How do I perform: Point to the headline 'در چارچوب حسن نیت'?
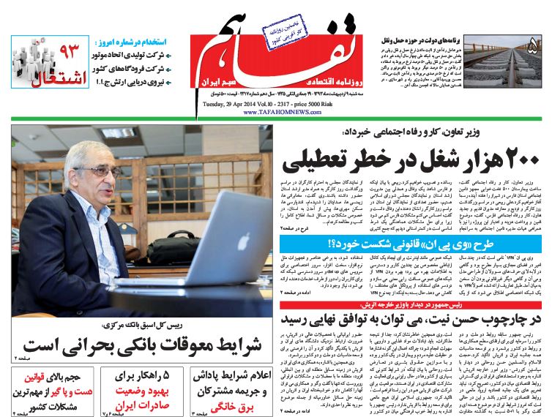pyautogui.click(x=414, y=320)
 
